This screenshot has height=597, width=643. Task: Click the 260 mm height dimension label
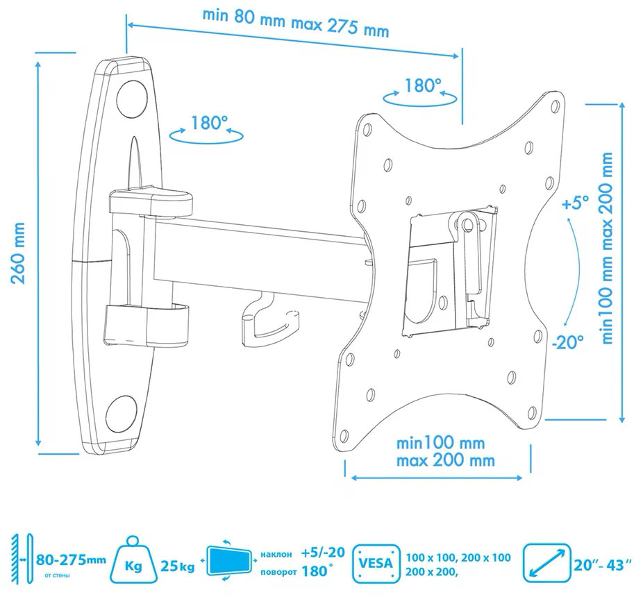click(x=17, y=253)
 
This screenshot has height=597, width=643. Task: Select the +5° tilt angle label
click(x=576, y=203)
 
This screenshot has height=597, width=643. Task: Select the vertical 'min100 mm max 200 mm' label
click(x=608, y=248)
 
